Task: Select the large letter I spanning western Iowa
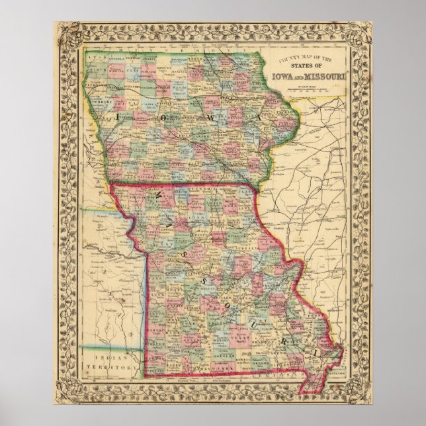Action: coord(118,114)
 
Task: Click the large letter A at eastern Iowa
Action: coord(253,116)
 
